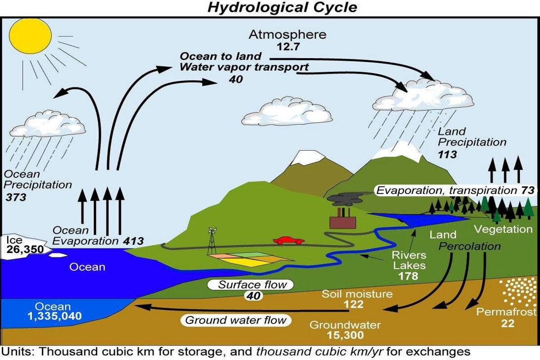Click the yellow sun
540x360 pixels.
click(x=31, y=36)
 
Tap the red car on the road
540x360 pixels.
click(x=289, y=240)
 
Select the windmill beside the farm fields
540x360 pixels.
click(x=212, y=241)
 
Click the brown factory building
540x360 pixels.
click(x=342, y=220)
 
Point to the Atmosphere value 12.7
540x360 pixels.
click(x=288, y=46)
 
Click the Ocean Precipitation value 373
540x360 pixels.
click(x=16, y=198)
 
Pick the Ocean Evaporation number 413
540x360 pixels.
click(x=133, y=241)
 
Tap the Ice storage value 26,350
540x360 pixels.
click(x=25, y=249)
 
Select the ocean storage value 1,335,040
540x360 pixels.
click(x=55, y=316)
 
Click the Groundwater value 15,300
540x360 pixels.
click(x=345, y=335)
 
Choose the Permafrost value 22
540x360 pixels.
click(x=508, y=324)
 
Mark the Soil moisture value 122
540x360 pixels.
click(x=354, y=304)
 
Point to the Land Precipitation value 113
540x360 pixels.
click(x=447, y=154)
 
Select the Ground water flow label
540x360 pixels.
click(x=236, y=320)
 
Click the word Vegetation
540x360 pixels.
click(x=504, y=229)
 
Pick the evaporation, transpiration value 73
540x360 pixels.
click(x=528, y=190)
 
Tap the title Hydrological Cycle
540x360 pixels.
click(x=282, y=7)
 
